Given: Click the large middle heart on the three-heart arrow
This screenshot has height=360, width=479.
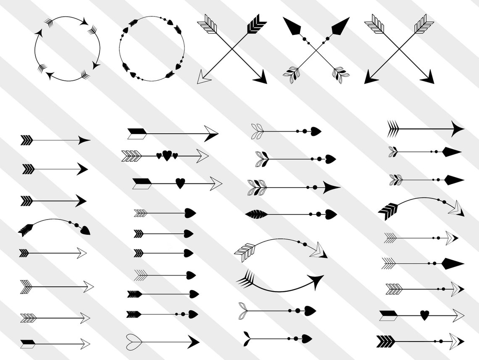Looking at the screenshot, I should [x=167, y=156].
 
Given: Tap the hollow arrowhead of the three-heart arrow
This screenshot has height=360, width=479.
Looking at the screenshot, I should [x=202, y=156].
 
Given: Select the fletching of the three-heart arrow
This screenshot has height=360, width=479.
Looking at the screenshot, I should [x=131, y=156].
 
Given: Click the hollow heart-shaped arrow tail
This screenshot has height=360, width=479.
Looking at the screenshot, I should [x=134, y=340].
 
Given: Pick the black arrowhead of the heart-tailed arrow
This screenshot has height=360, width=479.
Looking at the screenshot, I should [x=193, y=341].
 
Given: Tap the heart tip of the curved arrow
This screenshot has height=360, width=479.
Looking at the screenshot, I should [x=85, y=230].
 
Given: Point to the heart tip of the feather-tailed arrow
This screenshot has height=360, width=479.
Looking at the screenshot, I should [x=330, y=214].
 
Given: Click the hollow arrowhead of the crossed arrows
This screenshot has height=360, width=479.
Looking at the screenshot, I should [x=204, y=77].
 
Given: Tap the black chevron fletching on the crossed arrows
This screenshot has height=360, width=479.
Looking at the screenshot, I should [x=256, y=24].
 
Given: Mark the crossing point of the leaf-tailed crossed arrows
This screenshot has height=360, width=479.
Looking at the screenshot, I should [x=316, y=50].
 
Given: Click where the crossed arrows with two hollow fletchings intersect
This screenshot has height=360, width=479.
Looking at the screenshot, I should [x=399, y=50].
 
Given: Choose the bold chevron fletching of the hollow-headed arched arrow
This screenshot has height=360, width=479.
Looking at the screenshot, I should [x=388, y=210].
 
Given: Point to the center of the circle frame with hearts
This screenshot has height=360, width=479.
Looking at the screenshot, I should [x=152, y=49].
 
